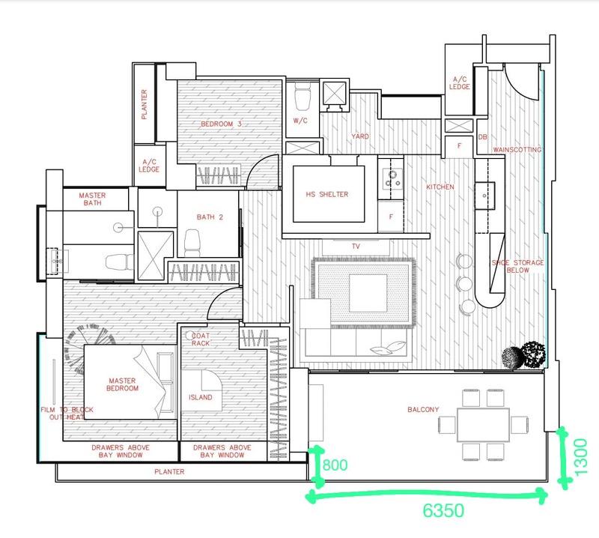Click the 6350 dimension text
(444, 511)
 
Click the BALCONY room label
(423, 410)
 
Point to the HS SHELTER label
(328, 195)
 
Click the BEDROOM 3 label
(221, 124)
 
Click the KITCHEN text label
(440, 187)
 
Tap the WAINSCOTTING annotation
(516, 150)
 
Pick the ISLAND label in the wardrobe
(201, 398)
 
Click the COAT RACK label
(201, 340)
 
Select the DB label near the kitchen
(482, 136)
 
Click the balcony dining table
(482, 424)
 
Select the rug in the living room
(363, 292)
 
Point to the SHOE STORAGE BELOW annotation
(517, 266)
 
